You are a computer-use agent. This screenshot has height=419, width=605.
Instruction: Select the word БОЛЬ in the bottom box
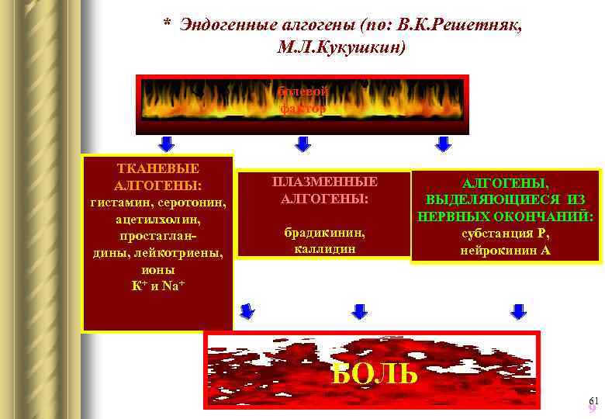(375, 372)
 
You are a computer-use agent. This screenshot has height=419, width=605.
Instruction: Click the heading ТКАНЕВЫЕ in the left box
(157, 168)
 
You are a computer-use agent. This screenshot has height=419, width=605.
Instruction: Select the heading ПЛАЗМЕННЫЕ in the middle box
(325, 182)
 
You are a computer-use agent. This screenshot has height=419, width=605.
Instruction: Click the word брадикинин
(325, 232)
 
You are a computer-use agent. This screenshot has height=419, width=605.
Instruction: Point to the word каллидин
(325, 249)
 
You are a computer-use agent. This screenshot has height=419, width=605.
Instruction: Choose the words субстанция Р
(505, 234)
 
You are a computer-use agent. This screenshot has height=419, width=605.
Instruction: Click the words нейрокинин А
(505, 250)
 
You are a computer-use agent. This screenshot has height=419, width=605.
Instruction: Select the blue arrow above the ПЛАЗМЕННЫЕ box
(303, 144)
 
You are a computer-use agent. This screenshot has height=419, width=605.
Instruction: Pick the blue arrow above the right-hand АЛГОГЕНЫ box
(443, 144)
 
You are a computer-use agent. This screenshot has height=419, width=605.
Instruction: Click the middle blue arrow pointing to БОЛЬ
(359, 312)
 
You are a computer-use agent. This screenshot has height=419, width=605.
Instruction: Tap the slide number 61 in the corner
(594, 400)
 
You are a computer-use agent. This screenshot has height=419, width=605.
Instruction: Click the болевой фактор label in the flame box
(303, 100)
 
